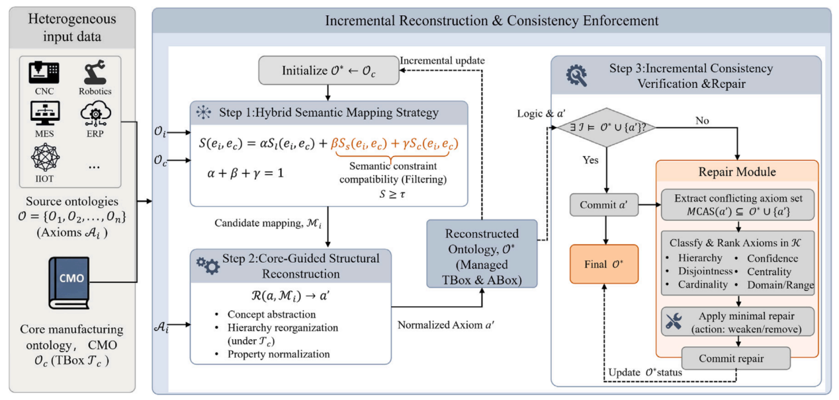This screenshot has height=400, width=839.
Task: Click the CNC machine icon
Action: [44, 73]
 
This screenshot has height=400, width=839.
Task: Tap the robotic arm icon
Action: [95, 72]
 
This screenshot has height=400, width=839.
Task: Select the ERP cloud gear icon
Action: [95, 114]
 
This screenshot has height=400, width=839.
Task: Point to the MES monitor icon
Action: [44, 114]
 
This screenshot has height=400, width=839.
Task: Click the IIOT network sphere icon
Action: [45, 157]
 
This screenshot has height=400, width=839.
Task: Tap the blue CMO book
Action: [69, 282]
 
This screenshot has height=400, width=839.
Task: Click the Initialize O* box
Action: [328, 70]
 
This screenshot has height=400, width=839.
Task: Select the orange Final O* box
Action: [604, 264]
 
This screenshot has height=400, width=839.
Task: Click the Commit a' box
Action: [604, 205]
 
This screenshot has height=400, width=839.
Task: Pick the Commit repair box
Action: [736, 358]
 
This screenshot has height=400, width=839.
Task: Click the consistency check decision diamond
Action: [607, 128]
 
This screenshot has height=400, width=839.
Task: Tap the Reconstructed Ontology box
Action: [482, 254]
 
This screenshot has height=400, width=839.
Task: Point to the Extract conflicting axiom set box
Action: [738, 205]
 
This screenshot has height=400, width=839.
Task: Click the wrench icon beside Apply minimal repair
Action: [674, 322]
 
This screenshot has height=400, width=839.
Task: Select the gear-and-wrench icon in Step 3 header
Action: [576, 76]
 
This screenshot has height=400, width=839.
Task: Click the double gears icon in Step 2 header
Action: [208, 266]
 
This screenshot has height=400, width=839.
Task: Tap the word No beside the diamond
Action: [702, 120]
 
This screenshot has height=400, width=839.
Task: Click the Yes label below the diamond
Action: [590, 160]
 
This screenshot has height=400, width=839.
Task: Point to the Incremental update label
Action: [443, 61]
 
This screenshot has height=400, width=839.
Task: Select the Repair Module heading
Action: [737, 172]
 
